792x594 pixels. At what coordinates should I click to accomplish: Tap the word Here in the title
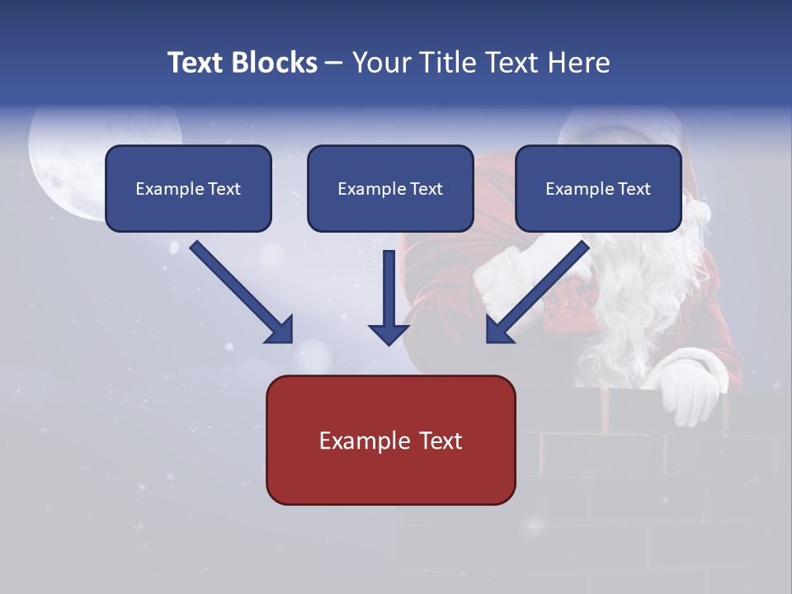[x=579, y=63]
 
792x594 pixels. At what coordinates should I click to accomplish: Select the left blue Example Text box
[x=188, y=188]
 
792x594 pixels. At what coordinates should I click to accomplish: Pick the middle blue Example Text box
[x=390, y=188]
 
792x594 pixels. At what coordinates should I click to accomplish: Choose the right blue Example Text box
[x=598, y=188]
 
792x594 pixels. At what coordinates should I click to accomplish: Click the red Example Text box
[x=390, y=440]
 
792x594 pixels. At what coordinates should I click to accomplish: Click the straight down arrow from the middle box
[x=389, y=297]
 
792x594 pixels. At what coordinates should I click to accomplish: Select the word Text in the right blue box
[x=634, y=189]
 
